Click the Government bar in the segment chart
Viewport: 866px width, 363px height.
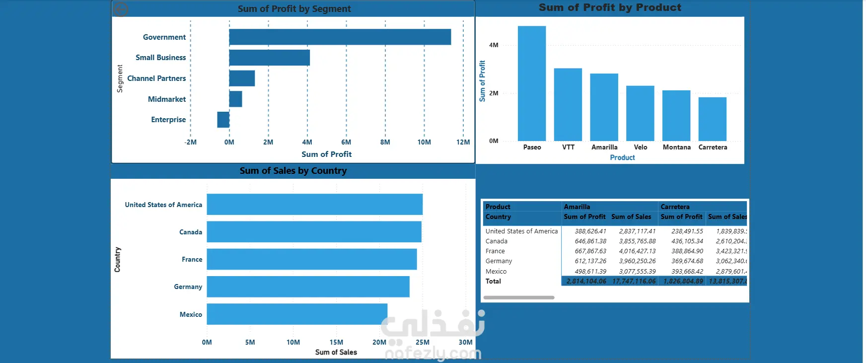tap(340, 37)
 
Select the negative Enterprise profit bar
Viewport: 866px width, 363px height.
tap(223, 120)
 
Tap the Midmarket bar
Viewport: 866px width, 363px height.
tap(236, 99)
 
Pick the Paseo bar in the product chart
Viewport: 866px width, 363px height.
tap(532, 83)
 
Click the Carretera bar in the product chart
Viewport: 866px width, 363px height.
tap(712, 119)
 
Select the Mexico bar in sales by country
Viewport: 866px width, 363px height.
tap(297, 314)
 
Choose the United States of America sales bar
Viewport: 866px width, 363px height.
tap(314, 205)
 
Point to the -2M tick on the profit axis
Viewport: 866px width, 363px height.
tap(191, 143)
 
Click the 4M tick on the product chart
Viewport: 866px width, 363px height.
tap(494, 45)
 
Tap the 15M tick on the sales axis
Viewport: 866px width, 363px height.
tap(336, 342)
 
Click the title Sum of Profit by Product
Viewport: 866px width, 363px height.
tap(610, 7)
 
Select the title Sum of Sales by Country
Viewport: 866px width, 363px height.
tap(293, 171)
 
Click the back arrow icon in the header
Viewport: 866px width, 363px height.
tap(121, 9)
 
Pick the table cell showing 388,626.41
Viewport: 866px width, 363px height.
tap(590, 231)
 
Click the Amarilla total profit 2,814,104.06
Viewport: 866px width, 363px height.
tap(586, 281)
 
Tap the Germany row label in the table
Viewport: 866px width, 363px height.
tap(499, 261)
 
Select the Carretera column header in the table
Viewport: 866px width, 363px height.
tap(675, 207)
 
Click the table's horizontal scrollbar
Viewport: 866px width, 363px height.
tap(519, 297)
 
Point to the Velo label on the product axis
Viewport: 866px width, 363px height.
tap(641, 147)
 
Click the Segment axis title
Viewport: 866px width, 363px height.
tap(120, 78)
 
